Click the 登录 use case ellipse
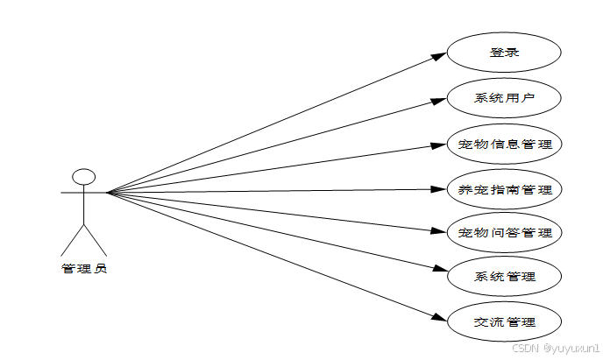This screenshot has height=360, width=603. [x=504, y=52]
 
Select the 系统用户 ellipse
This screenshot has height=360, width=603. [x=504, y=97]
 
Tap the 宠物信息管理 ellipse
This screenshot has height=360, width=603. [x=504, y=143]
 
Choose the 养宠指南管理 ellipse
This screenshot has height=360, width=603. [x=504, y=188]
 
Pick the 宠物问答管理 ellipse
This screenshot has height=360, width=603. [x=504, y=233]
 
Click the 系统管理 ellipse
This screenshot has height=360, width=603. [x=504, y=278]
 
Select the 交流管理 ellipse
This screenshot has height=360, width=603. [x=504, y=322]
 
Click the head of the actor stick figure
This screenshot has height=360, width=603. [x=83, y=176]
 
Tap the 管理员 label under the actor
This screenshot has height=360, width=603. [x=83, y=269]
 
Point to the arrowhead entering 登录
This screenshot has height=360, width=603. [x=440, y=56]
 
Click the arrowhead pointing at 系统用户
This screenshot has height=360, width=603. [x=440, y=99]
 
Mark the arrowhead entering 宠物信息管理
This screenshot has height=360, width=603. [x=440, y=143]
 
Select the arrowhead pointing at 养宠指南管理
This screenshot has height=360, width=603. [x=440, y=188]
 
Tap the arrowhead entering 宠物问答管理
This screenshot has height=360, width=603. [x=440, y=232]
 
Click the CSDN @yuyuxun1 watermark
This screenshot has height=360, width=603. [x=554, y=348]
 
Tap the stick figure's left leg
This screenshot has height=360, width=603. [x=71, y=240]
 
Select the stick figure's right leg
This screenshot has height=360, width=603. [x=96, y=240]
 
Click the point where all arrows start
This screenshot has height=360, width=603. [x=107, y=192]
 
